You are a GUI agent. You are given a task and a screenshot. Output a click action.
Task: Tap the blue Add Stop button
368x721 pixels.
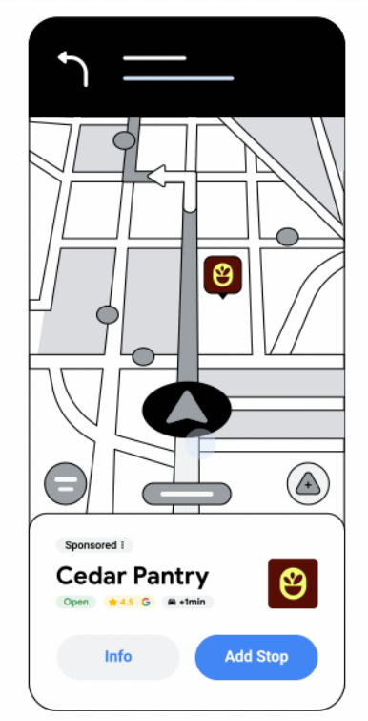256,657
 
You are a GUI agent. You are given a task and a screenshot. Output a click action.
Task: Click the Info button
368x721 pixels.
118,657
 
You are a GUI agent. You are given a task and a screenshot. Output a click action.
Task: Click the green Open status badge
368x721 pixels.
76,602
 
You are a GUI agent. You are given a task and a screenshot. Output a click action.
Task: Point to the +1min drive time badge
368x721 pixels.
188,602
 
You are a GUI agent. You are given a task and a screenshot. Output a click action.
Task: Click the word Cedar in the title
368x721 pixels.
91,576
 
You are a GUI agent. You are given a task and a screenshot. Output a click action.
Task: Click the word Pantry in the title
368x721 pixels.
171,577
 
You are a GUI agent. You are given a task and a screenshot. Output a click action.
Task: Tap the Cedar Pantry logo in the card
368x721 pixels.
293,583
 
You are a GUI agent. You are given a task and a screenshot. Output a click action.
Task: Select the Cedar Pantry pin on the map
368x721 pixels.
223,275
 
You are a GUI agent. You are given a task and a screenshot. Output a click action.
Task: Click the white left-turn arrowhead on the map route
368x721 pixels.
157,177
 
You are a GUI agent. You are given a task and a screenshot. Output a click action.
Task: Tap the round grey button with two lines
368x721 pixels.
66,484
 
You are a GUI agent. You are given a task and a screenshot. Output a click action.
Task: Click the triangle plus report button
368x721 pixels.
308,484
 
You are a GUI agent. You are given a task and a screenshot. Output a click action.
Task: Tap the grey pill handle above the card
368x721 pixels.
187,494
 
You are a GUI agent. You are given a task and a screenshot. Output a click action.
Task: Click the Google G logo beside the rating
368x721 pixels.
146,602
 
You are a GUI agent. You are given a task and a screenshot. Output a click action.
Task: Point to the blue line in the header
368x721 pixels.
178,78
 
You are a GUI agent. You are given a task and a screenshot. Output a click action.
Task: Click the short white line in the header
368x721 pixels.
154,58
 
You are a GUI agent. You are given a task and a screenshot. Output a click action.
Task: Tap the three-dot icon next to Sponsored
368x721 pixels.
123,545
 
